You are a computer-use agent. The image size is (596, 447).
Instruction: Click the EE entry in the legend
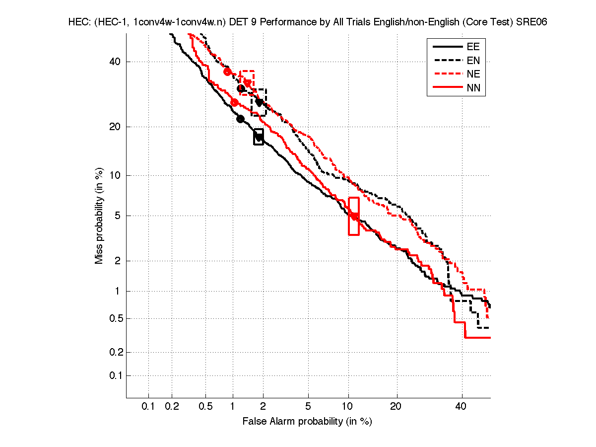point(473,47)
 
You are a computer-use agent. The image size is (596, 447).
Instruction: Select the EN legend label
point(473,61)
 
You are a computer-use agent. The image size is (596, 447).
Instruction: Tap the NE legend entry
point(473,74)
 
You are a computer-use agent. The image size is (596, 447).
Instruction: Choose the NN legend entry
point(473,88)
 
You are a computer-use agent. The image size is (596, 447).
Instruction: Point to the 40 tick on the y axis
point(115,62)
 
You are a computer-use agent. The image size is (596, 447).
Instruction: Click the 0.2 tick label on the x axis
point(172,407)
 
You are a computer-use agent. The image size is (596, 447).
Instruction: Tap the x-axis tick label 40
point(462,407)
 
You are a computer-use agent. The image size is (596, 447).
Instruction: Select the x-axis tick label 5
point(308,407)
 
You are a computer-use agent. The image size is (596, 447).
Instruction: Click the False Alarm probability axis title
point(307,421)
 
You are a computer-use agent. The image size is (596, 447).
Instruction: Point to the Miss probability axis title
point(99,216)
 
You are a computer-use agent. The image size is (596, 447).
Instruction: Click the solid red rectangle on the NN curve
point(354,216)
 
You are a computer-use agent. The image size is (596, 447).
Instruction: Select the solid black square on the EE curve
point(259,137)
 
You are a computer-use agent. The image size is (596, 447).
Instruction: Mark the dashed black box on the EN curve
point(259,102)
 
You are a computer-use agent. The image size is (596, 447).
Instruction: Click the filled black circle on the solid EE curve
point(240,119)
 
